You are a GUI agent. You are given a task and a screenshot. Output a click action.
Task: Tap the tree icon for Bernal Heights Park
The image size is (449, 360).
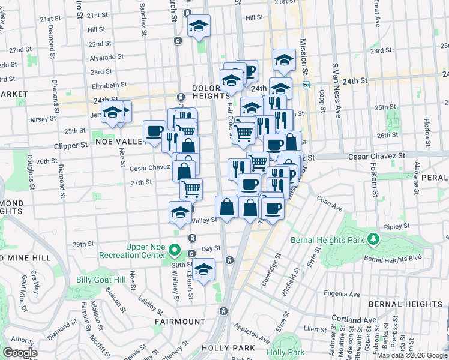point(374,239)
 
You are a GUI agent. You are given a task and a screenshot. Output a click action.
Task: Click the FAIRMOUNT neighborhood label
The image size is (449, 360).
point(178,322)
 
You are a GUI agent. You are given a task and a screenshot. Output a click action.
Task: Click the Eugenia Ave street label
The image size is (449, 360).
point(343,294)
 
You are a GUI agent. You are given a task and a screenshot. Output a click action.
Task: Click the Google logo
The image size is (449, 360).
point(20,353)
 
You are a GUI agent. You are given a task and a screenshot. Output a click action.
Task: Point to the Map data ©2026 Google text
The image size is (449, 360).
point(411,355)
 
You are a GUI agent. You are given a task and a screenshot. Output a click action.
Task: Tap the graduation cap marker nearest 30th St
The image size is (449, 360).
point(203,268)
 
